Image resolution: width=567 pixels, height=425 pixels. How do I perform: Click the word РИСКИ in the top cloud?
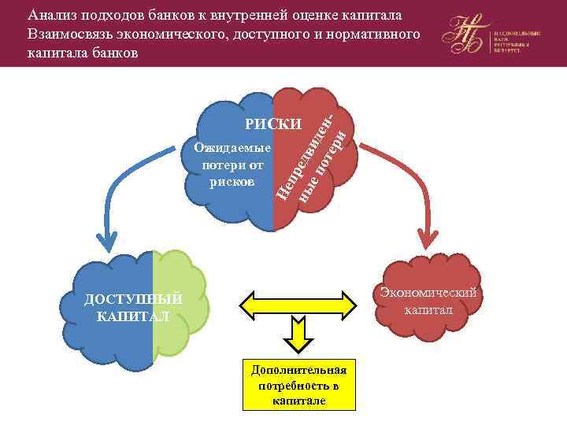pyautogui.click(x=273, y=124)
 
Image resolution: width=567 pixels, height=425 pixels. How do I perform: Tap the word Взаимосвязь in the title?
pyautogui.click(x=72, y=35)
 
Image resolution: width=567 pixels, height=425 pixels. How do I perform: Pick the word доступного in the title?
pyautogui.click(x=267, y=35)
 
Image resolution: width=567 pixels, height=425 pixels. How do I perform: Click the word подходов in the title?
pyautogui.click(x=111, y=15)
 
